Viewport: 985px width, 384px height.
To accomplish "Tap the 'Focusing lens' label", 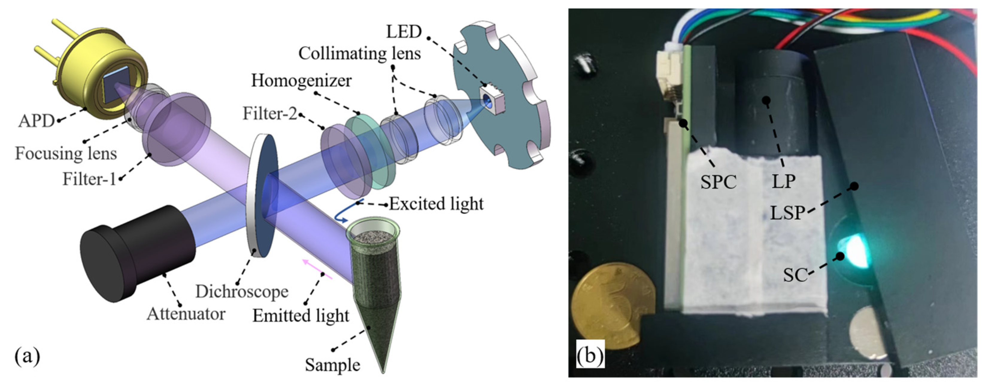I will [66, 154].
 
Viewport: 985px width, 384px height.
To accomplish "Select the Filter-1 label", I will [89, 179].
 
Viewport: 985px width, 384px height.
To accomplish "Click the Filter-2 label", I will [269, 113].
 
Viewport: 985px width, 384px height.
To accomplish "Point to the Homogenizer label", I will [301, 81].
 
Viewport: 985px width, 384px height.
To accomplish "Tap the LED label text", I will [404, 31].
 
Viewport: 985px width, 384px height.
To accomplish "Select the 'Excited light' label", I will [436, 204].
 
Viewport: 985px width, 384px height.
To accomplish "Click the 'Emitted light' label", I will [301, 315].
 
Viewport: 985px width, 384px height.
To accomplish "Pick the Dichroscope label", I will [242, 292].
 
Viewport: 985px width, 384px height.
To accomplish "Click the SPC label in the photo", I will [718, 182].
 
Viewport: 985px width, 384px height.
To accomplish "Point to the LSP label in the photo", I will [787, 213].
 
